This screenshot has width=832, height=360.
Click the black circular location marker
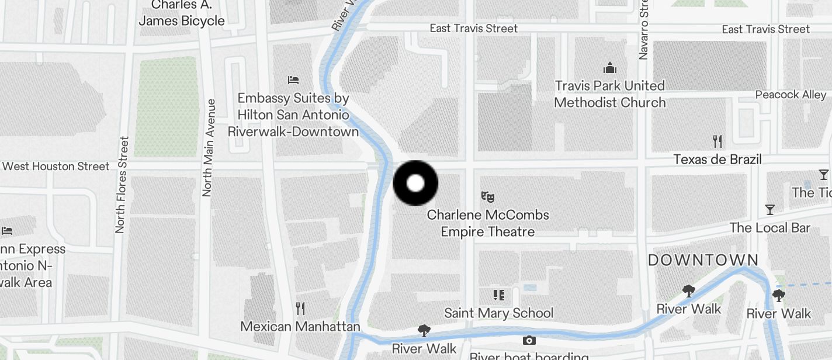coord(415,183)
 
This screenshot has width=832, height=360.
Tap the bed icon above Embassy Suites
coord(293,79)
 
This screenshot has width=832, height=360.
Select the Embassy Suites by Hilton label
coord(293,115)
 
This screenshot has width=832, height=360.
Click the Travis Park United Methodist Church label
coord(610,94)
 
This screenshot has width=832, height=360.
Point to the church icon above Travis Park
coord(610,68)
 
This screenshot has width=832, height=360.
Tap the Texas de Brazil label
coord(717,159)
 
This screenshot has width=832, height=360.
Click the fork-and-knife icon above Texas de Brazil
coord(717,141)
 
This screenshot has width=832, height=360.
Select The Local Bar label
coord(769,227)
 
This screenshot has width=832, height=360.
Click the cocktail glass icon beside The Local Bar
coord(770,209)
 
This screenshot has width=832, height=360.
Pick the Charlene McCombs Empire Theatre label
coord(488,223)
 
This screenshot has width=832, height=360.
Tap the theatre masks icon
coord(488,197)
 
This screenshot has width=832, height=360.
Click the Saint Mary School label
coord(498,313)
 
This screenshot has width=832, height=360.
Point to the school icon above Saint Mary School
coord(498,295)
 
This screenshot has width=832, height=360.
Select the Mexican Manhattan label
coord(300,326)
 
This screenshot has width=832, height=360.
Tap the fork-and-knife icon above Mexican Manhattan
coord(300,308)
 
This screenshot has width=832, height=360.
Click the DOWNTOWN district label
coord(703,260)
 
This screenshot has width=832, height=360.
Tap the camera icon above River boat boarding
coord(529,340)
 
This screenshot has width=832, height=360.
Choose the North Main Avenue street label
coord(207,148)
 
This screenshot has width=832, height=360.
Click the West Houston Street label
coord(56,167)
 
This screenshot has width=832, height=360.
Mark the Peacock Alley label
coord(791,95)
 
